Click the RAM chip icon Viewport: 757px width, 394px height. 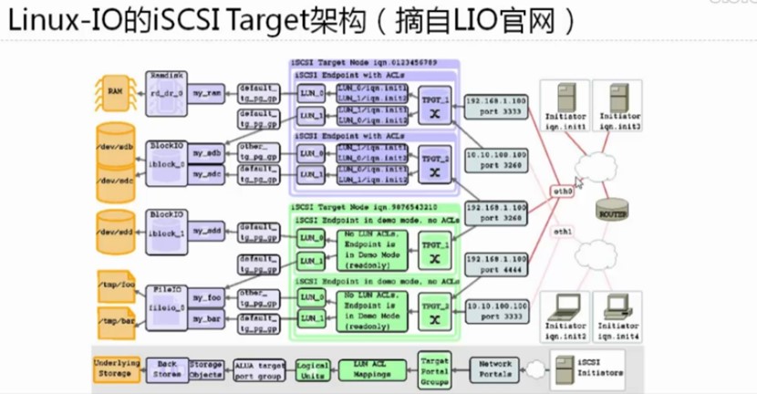tap(116, 91)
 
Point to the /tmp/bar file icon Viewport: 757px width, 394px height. tap(116, 320)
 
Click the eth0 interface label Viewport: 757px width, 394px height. tap(565, 192)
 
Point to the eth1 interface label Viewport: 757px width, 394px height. tap(565, 232)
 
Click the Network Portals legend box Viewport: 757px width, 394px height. tap(498, 368)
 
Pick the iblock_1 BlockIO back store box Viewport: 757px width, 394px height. tap(167, 225)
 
